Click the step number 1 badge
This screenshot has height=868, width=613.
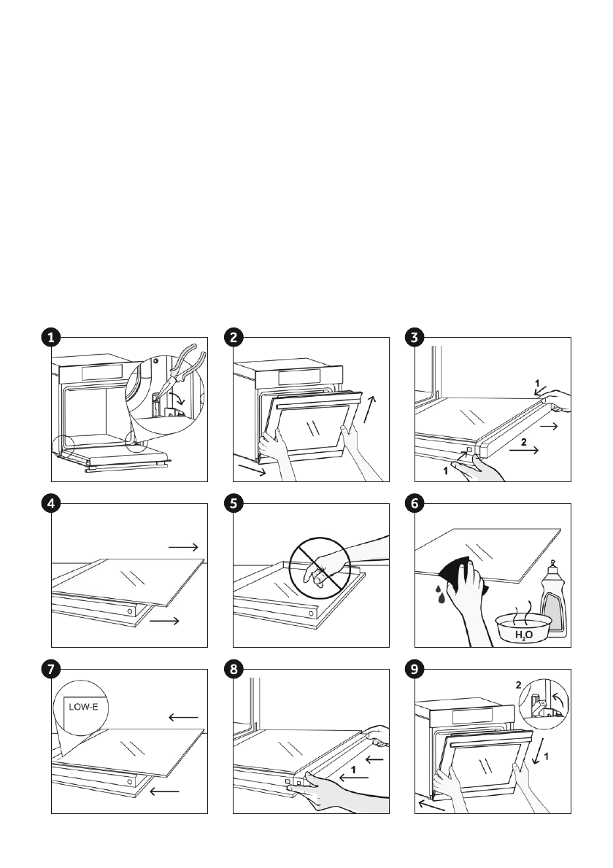click(x=50, y=337)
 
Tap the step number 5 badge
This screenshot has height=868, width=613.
click(x=232, y=503)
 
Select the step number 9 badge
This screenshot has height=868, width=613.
click(x=414, y=670)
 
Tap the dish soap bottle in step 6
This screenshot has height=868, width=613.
click(x=553, y=602)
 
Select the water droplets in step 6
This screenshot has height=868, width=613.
click(x=440, y=594)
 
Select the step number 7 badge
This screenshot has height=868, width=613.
click(x=50, y=670)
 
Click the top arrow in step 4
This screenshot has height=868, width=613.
click(x=182, y=546)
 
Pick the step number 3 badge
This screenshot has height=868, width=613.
click(x=414, y=337)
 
